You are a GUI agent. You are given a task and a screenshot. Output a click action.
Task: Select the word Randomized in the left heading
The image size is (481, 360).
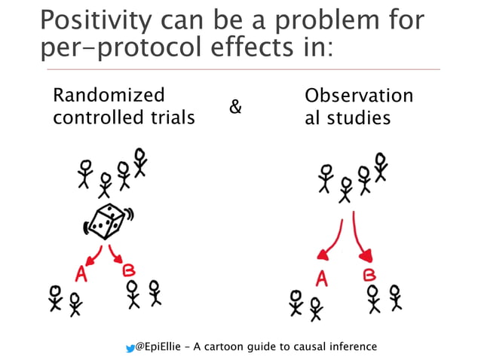coord(108,96)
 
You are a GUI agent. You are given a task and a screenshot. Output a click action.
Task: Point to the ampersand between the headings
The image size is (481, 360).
coord(235,107)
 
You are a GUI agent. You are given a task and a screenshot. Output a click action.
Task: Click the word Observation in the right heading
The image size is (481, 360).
coord(359,96)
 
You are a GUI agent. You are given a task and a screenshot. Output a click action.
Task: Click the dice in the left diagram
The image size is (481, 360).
coord(103,221)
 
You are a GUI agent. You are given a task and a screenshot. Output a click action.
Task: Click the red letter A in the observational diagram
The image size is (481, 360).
coord(322,279)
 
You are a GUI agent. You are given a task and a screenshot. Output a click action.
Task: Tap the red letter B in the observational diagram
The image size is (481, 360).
coord(369,276)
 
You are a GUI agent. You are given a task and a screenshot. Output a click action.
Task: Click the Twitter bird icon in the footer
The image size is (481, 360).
coord(130,347)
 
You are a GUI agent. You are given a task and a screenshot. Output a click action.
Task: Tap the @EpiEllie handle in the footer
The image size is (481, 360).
coord(162,347)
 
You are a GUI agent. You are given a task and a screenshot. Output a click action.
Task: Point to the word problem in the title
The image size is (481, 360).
coord(311,21)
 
